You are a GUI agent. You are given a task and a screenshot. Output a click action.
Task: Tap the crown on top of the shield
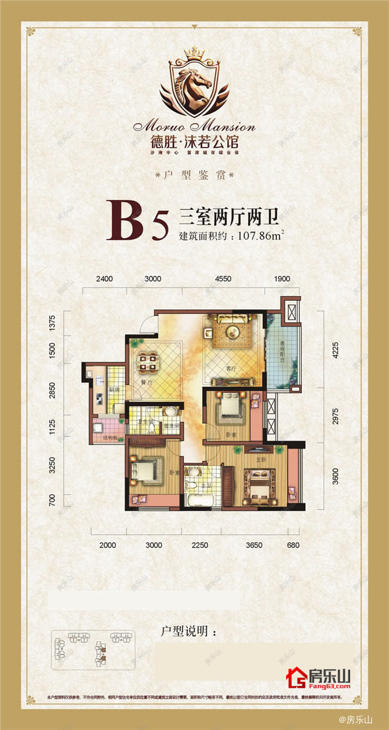click(194, 53)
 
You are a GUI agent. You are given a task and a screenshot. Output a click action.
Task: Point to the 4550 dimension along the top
click(222, 279)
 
